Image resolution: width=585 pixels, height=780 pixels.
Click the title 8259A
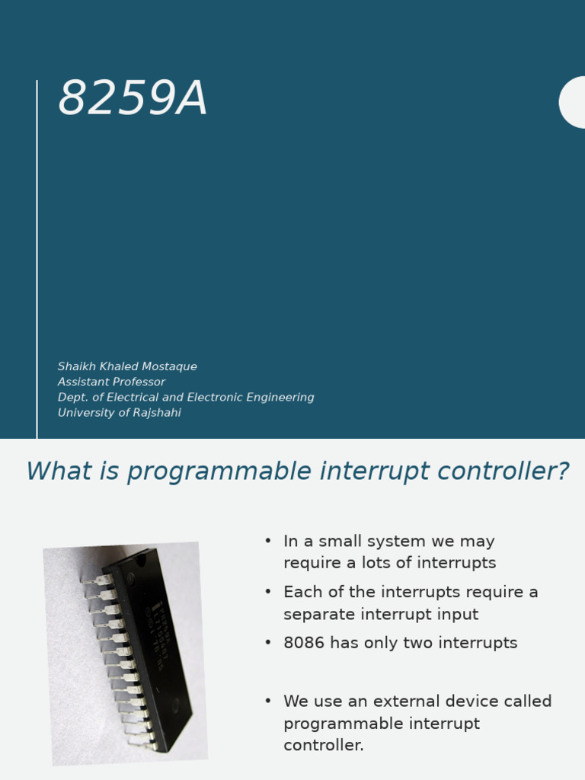[133, 100]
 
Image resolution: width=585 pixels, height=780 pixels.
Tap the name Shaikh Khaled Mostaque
[127, 366]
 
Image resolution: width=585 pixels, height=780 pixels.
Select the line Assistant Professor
[111, 382]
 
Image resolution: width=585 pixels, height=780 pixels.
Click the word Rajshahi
[157, 413]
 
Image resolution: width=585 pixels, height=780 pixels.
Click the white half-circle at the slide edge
[573, 102]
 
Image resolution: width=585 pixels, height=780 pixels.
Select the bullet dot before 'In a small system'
[268, 541]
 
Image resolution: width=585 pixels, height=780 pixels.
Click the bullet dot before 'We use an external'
[268, 701]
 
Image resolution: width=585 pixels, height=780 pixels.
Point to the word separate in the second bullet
[319, 614]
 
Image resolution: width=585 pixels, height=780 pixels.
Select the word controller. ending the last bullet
[324, 745]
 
